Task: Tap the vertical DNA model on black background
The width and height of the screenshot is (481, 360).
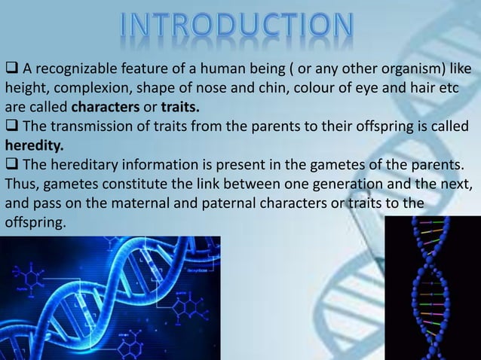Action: [x=432, y=288]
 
